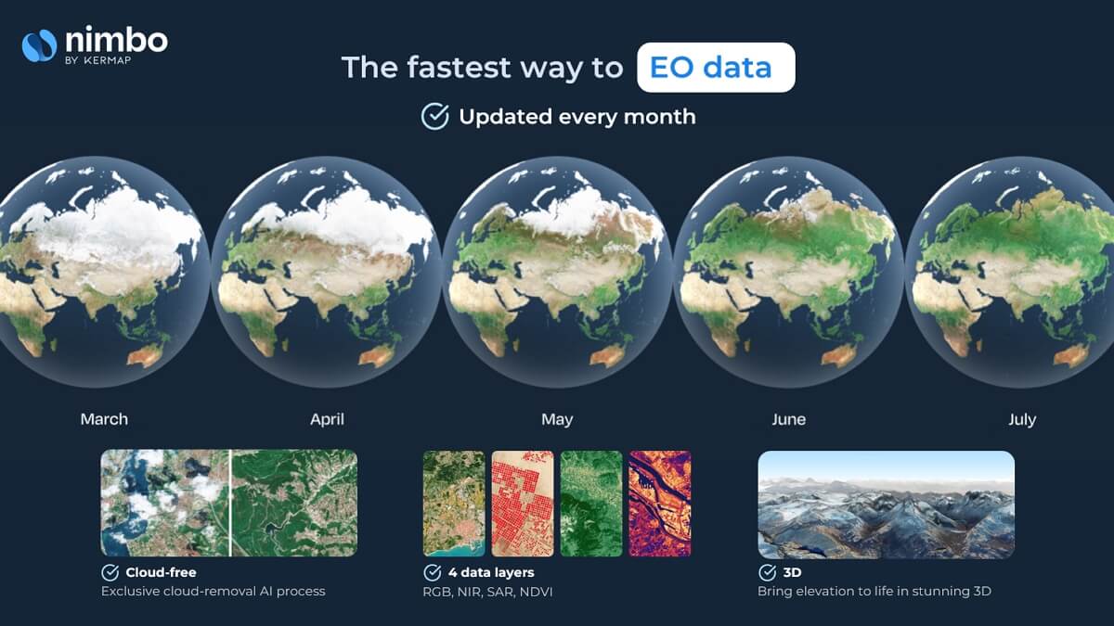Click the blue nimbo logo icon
[39, 45]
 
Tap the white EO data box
[716, 67]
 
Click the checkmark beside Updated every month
[435, 116]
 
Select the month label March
[104, 419]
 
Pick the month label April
[327, 419]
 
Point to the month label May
[557, 420]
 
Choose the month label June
[789, 419]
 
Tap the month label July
[1022, 420]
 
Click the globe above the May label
[557, 272]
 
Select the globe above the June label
[788, 272]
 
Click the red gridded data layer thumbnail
[522, 504]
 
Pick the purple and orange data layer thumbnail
[659, 504]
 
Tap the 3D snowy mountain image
[886, 505]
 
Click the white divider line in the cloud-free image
[230, 503]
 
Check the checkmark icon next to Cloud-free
[110, 572]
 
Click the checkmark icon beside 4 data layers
[433, 572]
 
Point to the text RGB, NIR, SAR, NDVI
[487, 592]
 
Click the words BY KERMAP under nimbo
[98, 60]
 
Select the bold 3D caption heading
[792, 572]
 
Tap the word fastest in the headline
[459, 67]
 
